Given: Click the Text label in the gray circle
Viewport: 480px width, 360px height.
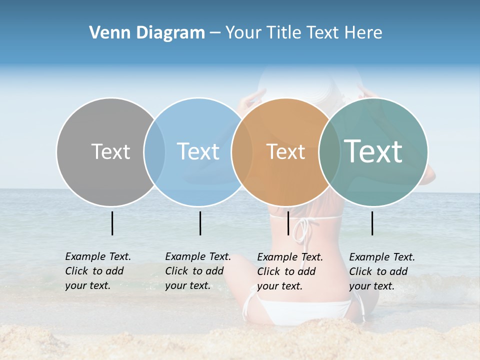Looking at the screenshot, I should tap(110, 151).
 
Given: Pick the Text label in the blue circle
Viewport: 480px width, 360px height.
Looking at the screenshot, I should tap(198, 151).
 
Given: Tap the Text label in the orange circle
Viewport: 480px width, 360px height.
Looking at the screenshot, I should tap(285, 152).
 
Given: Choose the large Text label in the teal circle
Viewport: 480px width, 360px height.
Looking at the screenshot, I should tap(373, 151).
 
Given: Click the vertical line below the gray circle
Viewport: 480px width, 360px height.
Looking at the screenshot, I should tap(112, 223).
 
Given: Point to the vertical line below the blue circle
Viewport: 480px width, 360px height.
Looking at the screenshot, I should tap(200, 223).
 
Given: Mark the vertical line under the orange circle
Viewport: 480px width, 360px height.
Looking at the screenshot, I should tap(288, 223).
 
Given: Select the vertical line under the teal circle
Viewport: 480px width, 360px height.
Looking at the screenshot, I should tap(372, 223).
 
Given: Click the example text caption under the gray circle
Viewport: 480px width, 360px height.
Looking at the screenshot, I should tap(97, 271).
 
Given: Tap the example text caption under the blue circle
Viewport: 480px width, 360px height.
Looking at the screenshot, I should tap(197, 271).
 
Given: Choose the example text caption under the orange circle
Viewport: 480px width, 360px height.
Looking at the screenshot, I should tap(289, 271).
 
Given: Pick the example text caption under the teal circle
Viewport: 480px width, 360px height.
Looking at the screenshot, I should tap(381, 271).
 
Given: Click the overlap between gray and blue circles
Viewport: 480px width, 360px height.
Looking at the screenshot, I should tap(154, 151).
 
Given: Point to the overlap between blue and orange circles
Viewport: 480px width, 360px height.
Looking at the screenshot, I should tap(242, 151).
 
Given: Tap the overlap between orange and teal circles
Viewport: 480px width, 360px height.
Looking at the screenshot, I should tap(329, 151).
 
